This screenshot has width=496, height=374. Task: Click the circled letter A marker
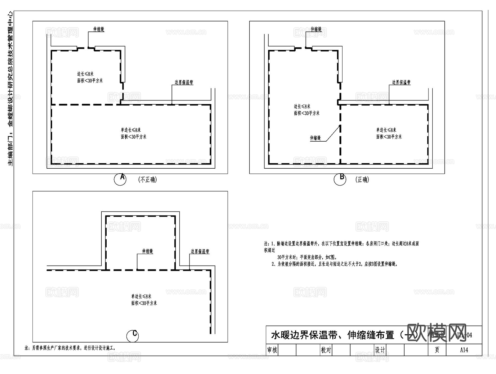120,179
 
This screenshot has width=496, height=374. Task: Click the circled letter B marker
340,179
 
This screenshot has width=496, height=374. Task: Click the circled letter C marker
133,336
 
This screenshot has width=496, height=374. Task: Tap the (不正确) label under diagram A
147,180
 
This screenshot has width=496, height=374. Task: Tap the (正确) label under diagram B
362,180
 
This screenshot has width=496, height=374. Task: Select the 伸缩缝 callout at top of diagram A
99,29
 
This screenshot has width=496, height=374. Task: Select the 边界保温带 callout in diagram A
184,82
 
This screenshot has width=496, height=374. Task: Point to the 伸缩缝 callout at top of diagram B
316,29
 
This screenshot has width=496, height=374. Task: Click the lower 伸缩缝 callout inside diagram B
315,138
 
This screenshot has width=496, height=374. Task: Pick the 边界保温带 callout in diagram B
401,82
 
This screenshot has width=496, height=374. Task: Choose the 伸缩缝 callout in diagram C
147,251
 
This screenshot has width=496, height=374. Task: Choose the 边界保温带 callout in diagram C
200,251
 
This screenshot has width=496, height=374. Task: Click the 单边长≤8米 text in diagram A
131,130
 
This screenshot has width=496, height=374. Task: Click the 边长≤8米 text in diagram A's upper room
85,74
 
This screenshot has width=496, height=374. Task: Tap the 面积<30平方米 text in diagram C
144,303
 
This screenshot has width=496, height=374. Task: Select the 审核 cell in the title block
272,350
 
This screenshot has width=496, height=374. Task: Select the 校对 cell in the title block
326,350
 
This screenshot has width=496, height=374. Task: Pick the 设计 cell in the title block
380,350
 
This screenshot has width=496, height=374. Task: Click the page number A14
464,350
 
